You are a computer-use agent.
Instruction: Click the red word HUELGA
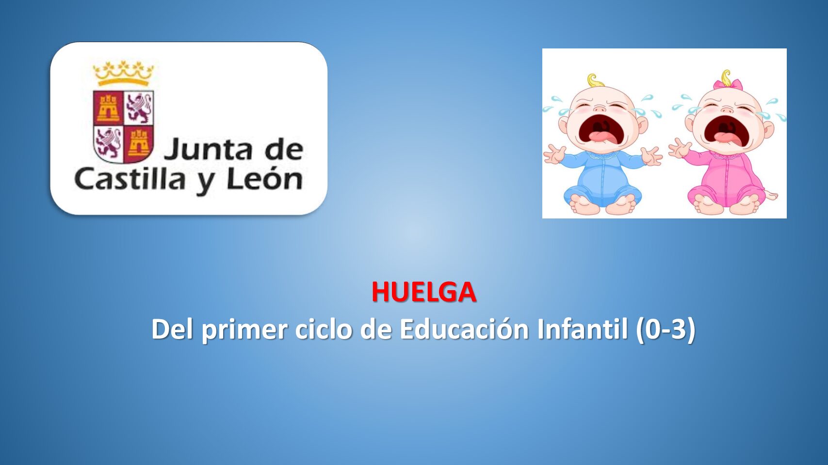coord(424,292)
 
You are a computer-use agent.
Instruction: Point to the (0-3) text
coord(666,329)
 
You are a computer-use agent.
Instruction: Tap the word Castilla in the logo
coord(130,179)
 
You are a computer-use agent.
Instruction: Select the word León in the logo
coord(265,179)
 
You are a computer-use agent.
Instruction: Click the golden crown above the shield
coord(123,73)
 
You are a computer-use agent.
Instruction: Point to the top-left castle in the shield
coord(108,108)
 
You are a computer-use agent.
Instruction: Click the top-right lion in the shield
coord(138,108)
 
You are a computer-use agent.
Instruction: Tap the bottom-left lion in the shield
coord(108,142)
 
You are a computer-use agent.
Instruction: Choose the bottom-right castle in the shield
coord(138,142)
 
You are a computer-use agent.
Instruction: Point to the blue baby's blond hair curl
coord(596,80)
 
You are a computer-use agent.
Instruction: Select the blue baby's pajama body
coord(602,178)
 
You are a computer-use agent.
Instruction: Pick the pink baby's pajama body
coord(725,178)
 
